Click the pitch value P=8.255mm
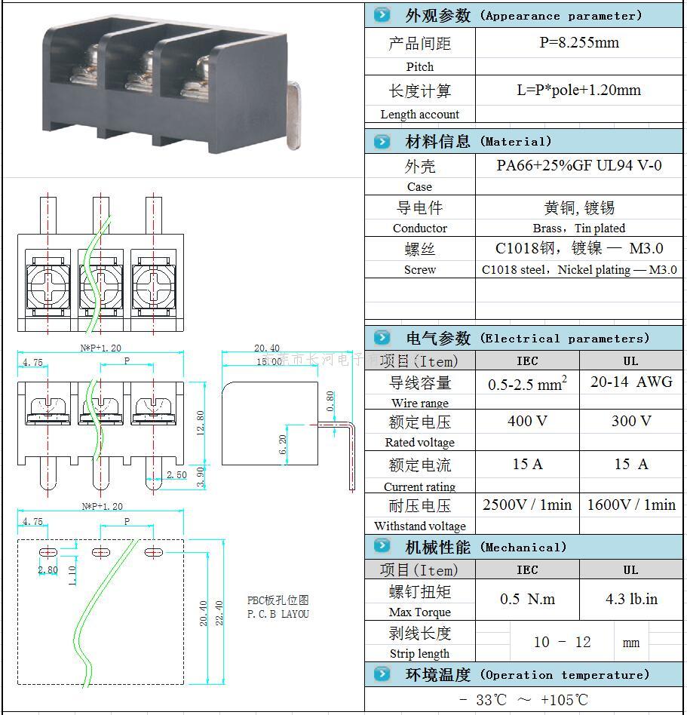(x=579, y=43)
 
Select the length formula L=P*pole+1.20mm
(x=579, y=91)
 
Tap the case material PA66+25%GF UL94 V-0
(x=579, y=165)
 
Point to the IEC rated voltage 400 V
(x=527, y=421)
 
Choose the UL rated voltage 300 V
(x=630, y=421)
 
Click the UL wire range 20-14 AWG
(x=630, y=382)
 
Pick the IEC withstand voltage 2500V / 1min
(x=527, y=505)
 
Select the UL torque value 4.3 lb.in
(x=630, y=600)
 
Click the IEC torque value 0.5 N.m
(x=527, y=600)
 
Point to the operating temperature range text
(x=523, y=700)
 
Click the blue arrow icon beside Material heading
(x=382, y=142)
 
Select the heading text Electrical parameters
(x=564, y=339)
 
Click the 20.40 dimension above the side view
(x=266, y=348)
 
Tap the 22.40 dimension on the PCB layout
(x=219, y=615)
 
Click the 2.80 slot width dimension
(x=48, y=570)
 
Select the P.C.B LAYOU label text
(x=278, y=614)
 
